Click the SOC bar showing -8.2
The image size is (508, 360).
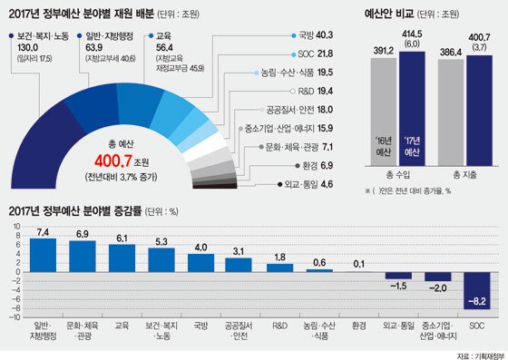(477, 291)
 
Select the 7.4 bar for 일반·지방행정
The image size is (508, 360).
(43, 256)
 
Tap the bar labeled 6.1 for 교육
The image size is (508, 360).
(122, 258)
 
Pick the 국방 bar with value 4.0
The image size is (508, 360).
(200, 263)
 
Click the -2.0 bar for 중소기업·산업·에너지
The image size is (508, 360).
(437, 277)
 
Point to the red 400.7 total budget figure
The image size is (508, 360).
(113, 161)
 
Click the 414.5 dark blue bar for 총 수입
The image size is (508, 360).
(412, 109)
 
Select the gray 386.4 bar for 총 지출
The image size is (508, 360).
(451, 112)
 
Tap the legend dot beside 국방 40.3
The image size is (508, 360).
(294, 35)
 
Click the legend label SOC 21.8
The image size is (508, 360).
(315, 54)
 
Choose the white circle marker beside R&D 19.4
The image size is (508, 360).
(293, 92)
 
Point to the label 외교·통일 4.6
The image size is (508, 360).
(308, 184)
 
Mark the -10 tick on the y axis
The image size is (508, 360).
(16, 317)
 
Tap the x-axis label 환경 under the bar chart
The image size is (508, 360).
(359, 326)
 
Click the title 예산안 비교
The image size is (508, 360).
(389, 15)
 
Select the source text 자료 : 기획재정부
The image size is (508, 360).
(482, 356)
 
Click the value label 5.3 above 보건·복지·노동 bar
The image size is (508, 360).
(161, 242)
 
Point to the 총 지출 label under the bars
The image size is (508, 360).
(464, 176)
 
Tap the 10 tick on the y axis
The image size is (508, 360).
(17, 227)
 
